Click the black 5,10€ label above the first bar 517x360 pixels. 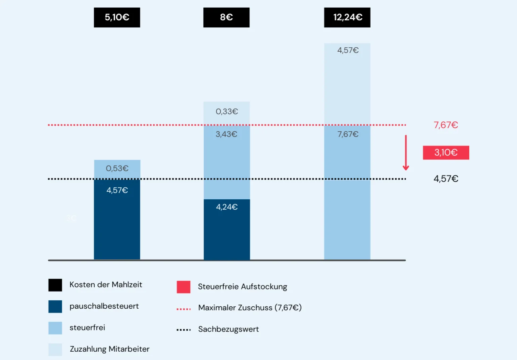pyautogui.click(x=117, y=18)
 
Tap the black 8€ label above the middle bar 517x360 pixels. pyautogui.click(x=226, y=18)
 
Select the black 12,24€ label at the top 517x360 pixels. pyautogui.click(x=347, y=18)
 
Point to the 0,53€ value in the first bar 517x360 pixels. pyautogui.click(x=117, y=168)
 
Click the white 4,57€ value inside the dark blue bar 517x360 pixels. pyautogui.click(x=117, y=190)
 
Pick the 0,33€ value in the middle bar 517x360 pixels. pyautogui.click(x=227, y=111)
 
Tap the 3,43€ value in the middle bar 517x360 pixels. pyautogui.click(x=226, y=134)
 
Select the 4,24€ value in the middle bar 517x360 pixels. pyautogui.click(x=227, y=207)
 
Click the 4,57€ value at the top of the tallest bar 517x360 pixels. pyautogui.click(x=348, y=51)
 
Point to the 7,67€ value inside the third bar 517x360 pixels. pyautogui.click(x=348, y=134)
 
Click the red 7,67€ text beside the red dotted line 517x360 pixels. pyautogui.click(x=445, y=125)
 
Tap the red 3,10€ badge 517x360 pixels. pyautogui.click(x=446, y=152)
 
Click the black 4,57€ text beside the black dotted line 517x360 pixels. pyautogui.click(x=445, y=179)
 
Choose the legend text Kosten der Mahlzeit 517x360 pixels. pyautogui.click(x=106, y=284)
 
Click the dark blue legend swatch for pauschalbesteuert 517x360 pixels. pyautogui.click(x=55, y=306)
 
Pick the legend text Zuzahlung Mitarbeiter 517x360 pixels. pyautogui.click(x=109, y=349)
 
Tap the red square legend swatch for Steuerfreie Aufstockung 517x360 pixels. pyautogui.click(x=183, y=287)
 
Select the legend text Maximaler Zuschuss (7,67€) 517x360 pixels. pyautogui.click(x=250, y=307)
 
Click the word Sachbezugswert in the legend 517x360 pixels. pyautogui.click(x=228, y=329)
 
